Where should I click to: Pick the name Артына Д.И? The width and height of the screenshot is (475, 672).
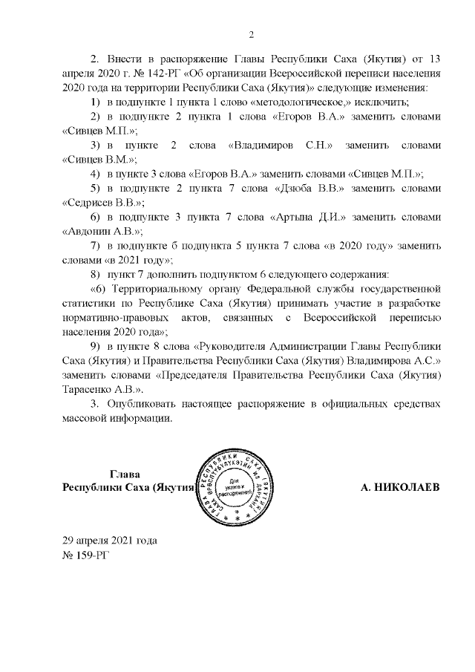313,216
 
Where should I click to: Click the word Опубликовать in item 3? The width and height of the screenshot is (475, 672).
143,405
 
